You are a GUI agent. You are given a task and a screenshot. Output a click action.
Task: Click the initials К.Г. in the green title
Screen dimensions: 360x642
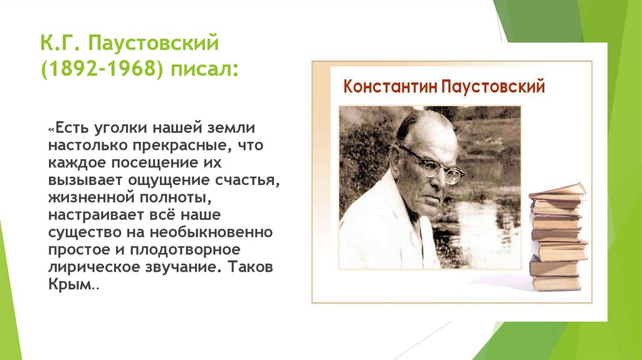[x=58, y=45]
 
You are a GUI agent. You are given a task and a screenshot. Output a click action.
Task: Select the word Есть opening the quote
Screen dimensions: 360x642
[x=72, y=129]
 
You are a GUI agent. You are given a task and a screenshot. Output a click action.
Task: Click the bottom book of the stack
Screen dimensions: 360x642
[x=557, y=283]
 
